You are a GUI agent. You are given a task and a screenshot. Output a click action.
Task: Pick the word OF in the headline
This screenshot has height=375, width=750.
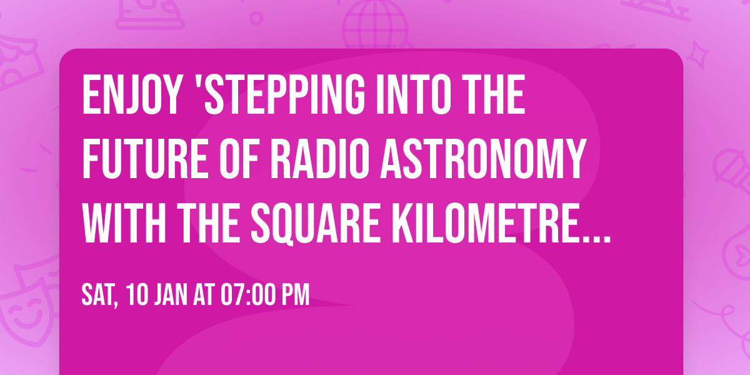(x=222, y=161)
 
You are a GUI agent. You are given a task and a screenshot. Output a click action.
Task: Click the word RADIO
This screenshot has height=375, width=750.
(x=306, y=161)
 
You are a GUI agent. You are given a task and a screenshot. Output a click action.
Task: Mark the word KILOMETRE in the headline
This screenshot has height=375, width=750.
(x=489, y=224)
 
